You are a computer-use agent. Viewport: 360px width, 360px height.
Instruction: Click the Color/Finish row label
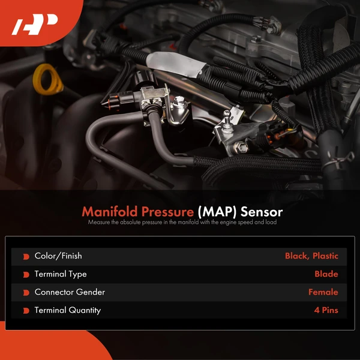[x=58, y=256]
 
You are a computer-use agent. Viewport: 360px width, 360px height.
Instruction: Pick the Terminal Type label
[x=61, y=274]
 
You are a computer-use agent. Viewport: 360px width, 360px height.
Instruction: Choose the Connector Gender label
[x=70, y=292]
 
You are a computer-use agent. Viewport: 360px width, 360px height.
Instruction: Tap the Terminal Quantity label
[x=68, y=310]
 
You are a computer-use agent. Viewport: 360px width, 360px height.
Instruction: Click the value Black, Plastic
[x=311, y=256]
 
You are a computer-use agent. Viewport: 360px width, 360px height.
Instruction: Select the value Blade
[x=326, y=274]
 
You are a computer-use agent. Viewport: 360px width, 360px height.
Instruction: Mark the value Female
[x=323, y=292]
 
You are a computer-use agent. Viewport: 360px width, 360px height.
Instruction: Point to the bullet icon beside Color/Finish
[x=26, y=257]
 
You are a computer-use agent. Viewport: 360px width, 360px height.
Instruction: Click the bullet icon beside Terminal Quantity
[x=26, y=311]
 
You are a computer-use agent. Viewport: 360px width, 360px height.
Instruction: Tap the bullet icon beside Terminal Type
[x=26, y=275]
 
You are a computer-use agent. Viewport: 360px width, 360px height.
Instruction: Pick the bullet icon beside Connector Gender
[x=26, y=293]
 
